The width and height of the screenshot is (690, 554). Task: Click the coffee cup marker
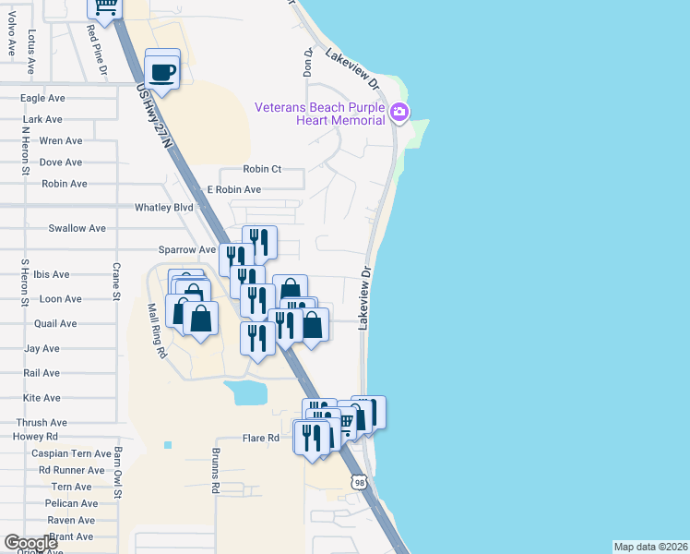click(162, 70)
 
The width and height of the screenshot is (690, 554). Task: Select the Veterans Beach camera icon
click(399, 113)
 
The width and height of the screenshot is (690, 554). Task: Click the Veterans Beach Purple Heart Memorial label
click(320, 114)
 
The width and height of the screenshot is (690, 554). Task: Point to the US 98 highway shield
click(360, 482)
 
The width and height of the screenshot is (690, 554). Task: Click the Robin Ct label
click(262, 169)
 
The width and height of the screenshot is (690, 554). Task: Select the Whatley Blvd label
click(164, 208)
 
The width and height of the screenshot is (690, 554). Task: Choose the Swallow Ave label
click(77, 228)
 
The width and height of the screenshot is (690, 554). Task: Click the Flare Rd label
click(260, 439)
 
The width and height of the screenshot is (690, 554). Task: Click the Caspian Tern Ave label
click(71, 453)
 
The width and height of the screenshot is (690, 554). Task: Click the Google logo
click(31, 543)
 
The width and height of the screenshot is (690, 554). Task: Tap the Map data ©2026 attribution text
click(650, 547)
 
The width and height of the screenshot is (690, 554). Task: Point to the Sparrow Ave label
click(186, 250)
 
